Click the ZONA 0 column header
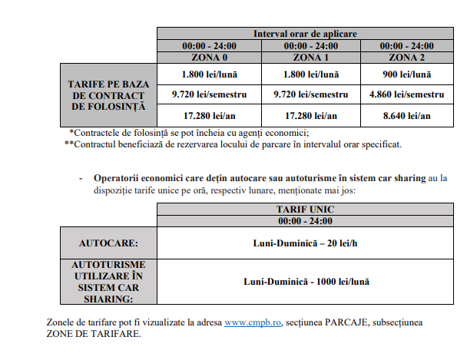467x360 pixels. pyautogui.click(x=209, y=57)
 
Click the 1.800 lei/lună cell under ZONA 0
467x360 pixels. pyautogui.click(x=209, y=74)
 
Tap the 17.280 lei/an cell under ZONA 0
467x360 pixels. pyautogui.click(x=209, y=115)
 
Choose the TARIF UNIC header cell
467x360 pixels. pyautogui.click(x=305, y=209)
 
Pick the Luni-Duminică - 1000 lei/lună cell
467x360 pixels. pyautogui.click(x=305, y=282)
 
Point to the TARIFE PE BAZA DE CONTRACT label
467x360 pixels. pyautogui.click(x=108, y=94)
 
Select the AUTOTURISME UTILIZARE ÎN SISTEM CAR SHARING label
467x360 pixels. pyautogui.click(x=108, y=282)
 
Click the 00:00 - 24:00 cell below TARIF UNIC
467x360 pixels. pyautogui.click(x=305, y=220)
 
